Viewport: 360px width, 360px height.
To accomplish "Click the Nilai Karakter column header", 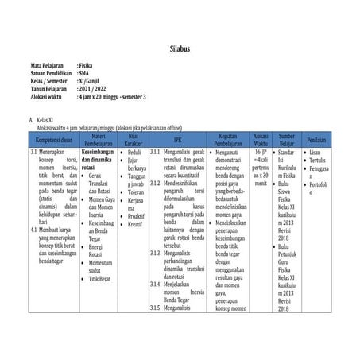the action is click(134, 138).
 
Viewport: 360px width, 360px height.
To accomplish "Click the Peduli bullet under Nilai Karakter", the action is click(135, 152).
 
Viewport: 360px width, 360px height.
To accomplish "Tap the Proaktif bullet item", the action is click(137, 215).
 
